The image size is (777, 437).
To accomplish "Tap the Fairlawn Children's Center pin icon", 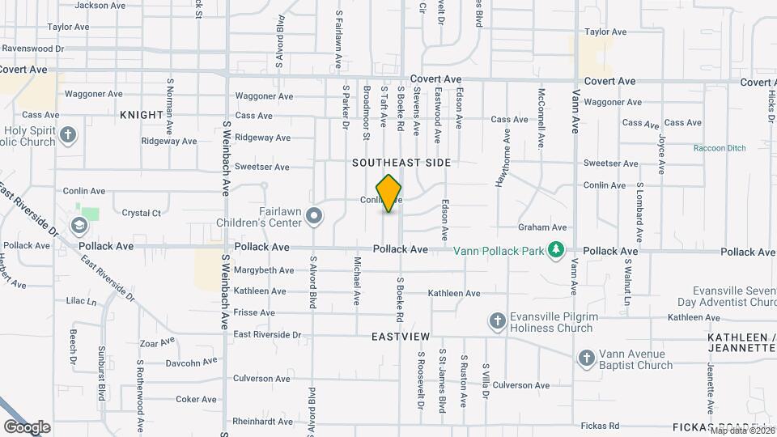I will (315, 215).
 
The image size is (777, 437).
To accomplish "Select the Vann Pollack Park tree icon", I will (555, 250).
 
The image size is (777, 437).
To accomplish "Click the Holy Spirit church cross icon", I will (69, 134).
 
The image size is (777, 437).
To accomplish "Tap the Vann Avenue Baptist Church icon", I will (587, 359).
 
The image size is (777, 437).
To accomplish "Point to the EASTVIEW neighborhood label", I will (401, 335).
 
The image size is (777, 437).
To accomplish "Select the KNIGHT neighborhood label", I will (142, 115).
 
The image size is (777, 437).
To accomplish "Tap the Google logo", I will (27, 426).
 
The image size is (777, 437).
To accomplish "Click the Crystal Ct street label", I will (141, 214).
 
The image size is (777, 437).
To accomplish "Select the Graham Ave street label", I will (542, 228).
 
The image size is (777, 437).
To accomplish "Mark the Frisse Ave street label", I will (254, 312).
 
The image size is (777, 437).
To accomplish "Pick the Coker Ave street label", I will (197, 399).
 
